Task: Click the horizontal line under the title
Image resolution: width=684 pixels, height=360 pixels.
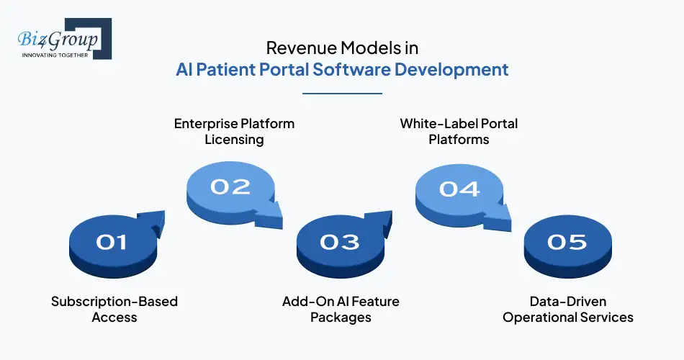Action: coord(342,94)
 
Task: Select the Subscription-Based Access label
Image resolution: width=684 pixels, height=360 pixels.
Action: coord(114,309)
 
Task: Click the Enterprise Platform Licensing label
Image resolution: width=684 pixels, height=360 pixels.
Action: coord(234,131)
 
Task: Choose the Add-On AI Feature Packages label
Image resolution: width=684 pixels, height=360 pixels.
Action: coord(340,309)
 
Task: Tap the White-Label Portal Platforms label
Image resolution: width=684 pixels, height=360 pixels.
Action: coord(459,131)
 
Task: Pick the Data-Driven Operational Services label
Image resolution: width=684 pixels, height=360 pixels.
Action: coord(567,309)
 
